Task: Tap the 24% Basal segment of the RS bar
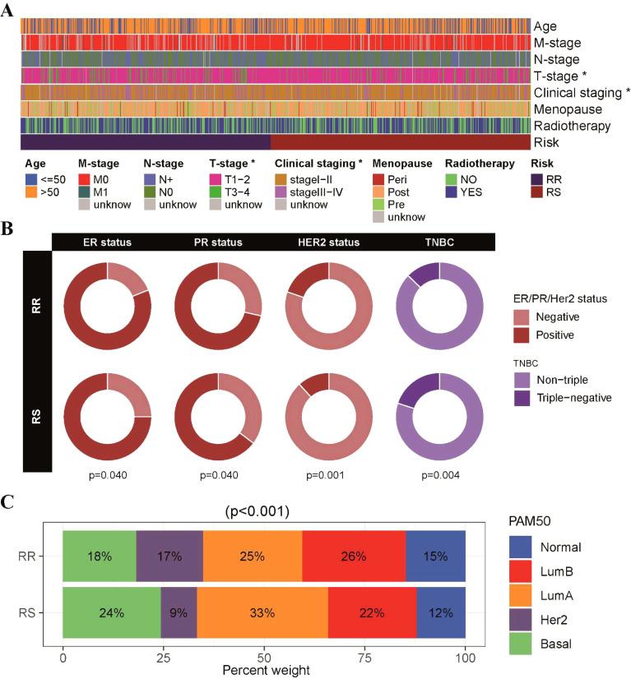[x=111, y=612]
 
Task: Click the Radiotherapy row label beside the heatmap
[x=572, y=126]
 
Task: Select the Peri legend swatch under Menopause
[x=380, y=178]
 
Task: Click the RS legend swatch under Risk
[x=536, y=192]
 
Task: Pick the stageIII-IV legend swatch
[x=281, y=192]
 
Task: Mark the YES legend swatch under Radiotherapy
[x=452, y=192]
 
